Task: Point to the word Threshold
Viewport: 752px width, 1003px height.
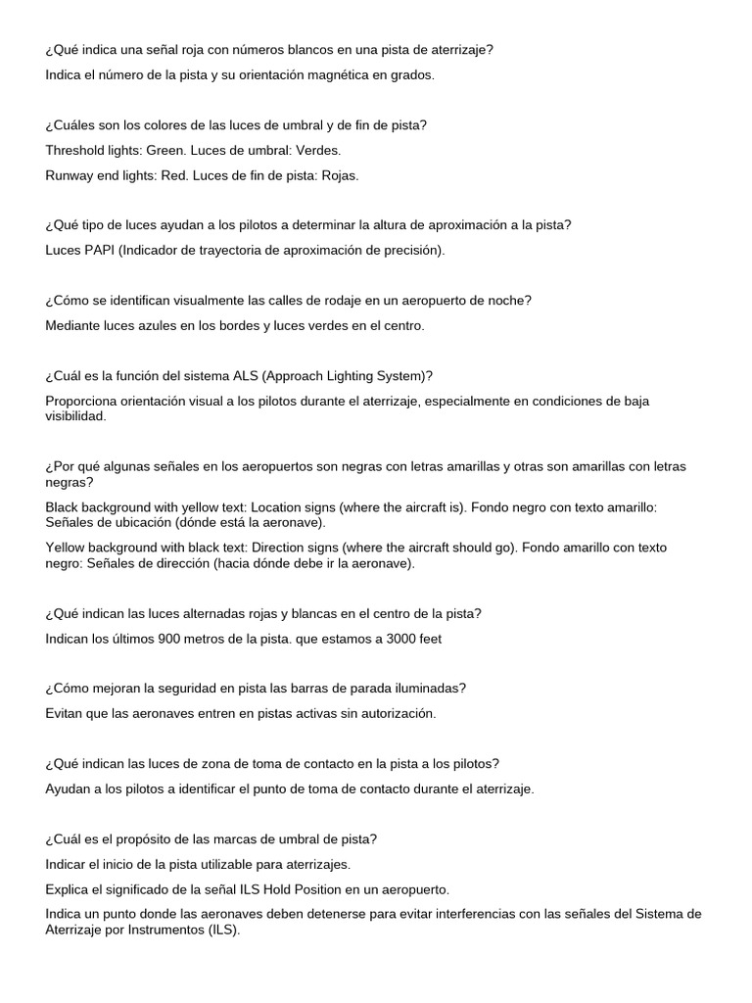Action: point(76,150)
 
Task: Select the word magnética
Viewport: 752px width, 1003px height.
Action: point(301,74)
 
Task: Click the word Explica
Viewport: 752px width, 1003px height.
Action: point(69,889)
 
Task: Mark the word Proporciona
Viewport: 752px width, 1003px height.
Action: point(83,401)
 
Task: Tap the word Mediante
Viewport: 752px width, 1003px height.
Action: point(74,325)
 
